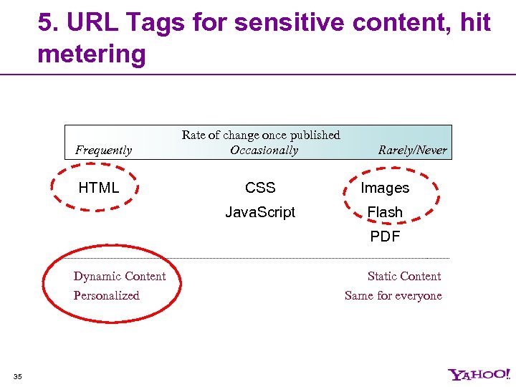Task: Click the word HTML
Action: [98, 188]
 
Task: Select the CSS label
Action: [260, 188]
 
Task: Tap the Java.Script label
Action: [260, 212]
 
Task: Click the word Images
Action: [385, 188]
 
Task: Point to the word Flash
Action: [385, 212]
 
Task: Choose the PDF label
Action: [385, 236]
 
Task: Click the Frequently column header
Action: [104, 150]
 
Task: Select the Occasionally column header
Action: [264, 150]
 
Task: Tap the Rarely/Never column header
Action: [412, 150]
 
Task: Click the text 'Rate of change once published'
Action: [261, 135]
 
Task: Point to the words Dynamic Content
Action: [120, 277]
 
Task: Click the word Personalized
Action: [106, 295]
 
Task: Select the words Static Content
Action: [404, 277]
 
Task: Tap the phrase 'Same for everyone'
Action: [393, 295]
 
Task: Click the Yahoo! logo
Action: [479, 374]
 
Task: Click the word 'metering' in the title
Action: [91, 53]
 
